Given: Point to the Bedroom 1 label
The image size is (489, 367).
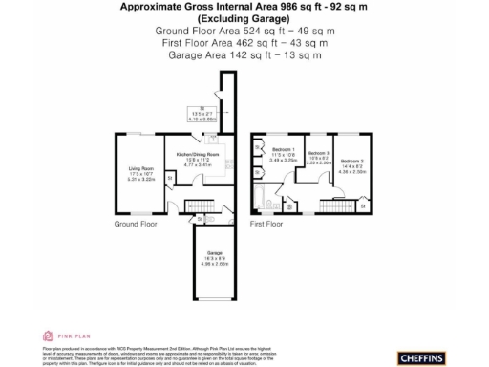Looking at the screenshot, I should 284,150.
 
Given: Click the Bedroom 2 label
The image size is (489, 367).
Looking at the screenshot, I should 352,161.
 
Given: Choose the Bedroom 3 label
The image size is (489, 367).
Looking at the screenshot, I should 319,153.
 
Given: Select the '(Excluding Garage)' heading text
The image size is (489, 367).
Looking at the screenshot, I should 244,18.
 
